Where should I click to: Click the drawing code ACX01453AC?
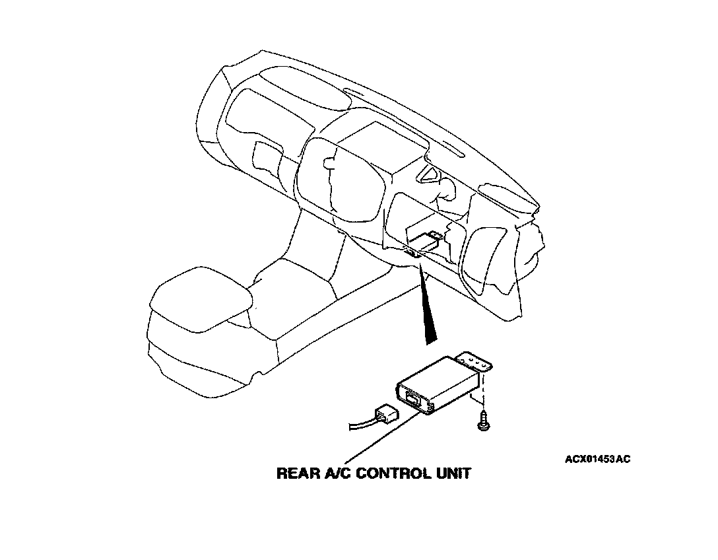(597, 458)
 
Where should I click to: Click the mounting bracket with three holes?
(476, 363)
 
